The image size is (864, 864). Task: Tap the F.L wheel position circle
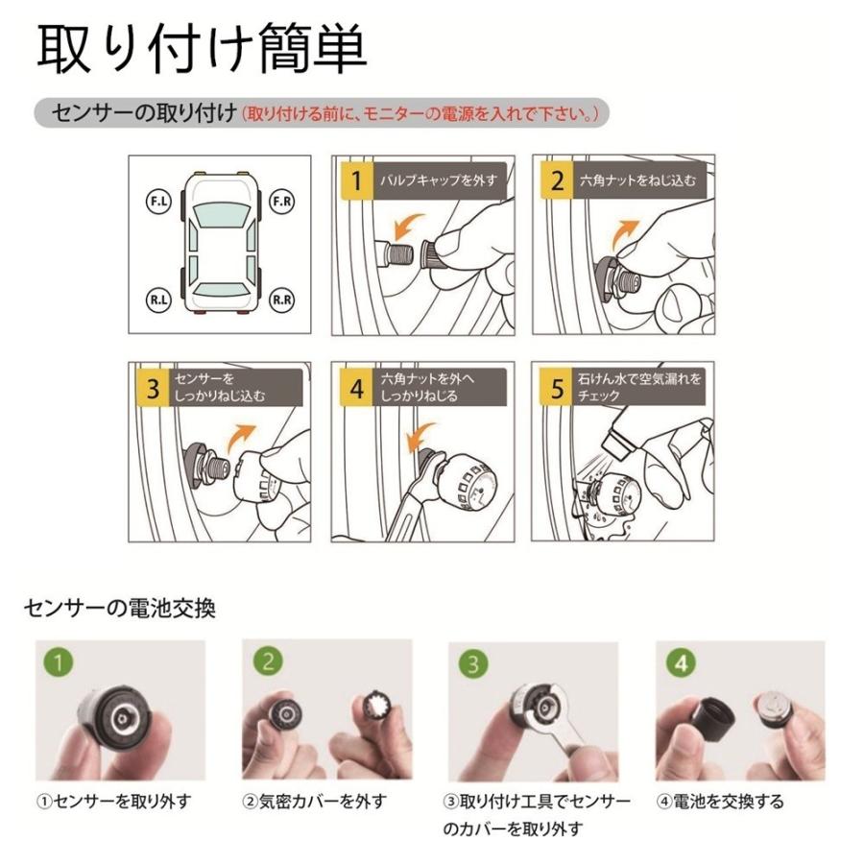coord(156,203)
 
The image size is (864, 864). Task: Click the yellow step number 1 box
coord(356,180)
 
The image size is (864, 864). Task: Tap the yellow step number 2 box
coord(557,180)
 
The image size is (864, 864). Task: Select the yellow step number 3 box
coord(153,387)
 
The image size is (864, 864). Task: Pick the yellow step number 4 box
coord(356,387)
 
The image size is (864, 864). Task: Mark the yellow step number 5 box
coord(557,387)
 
